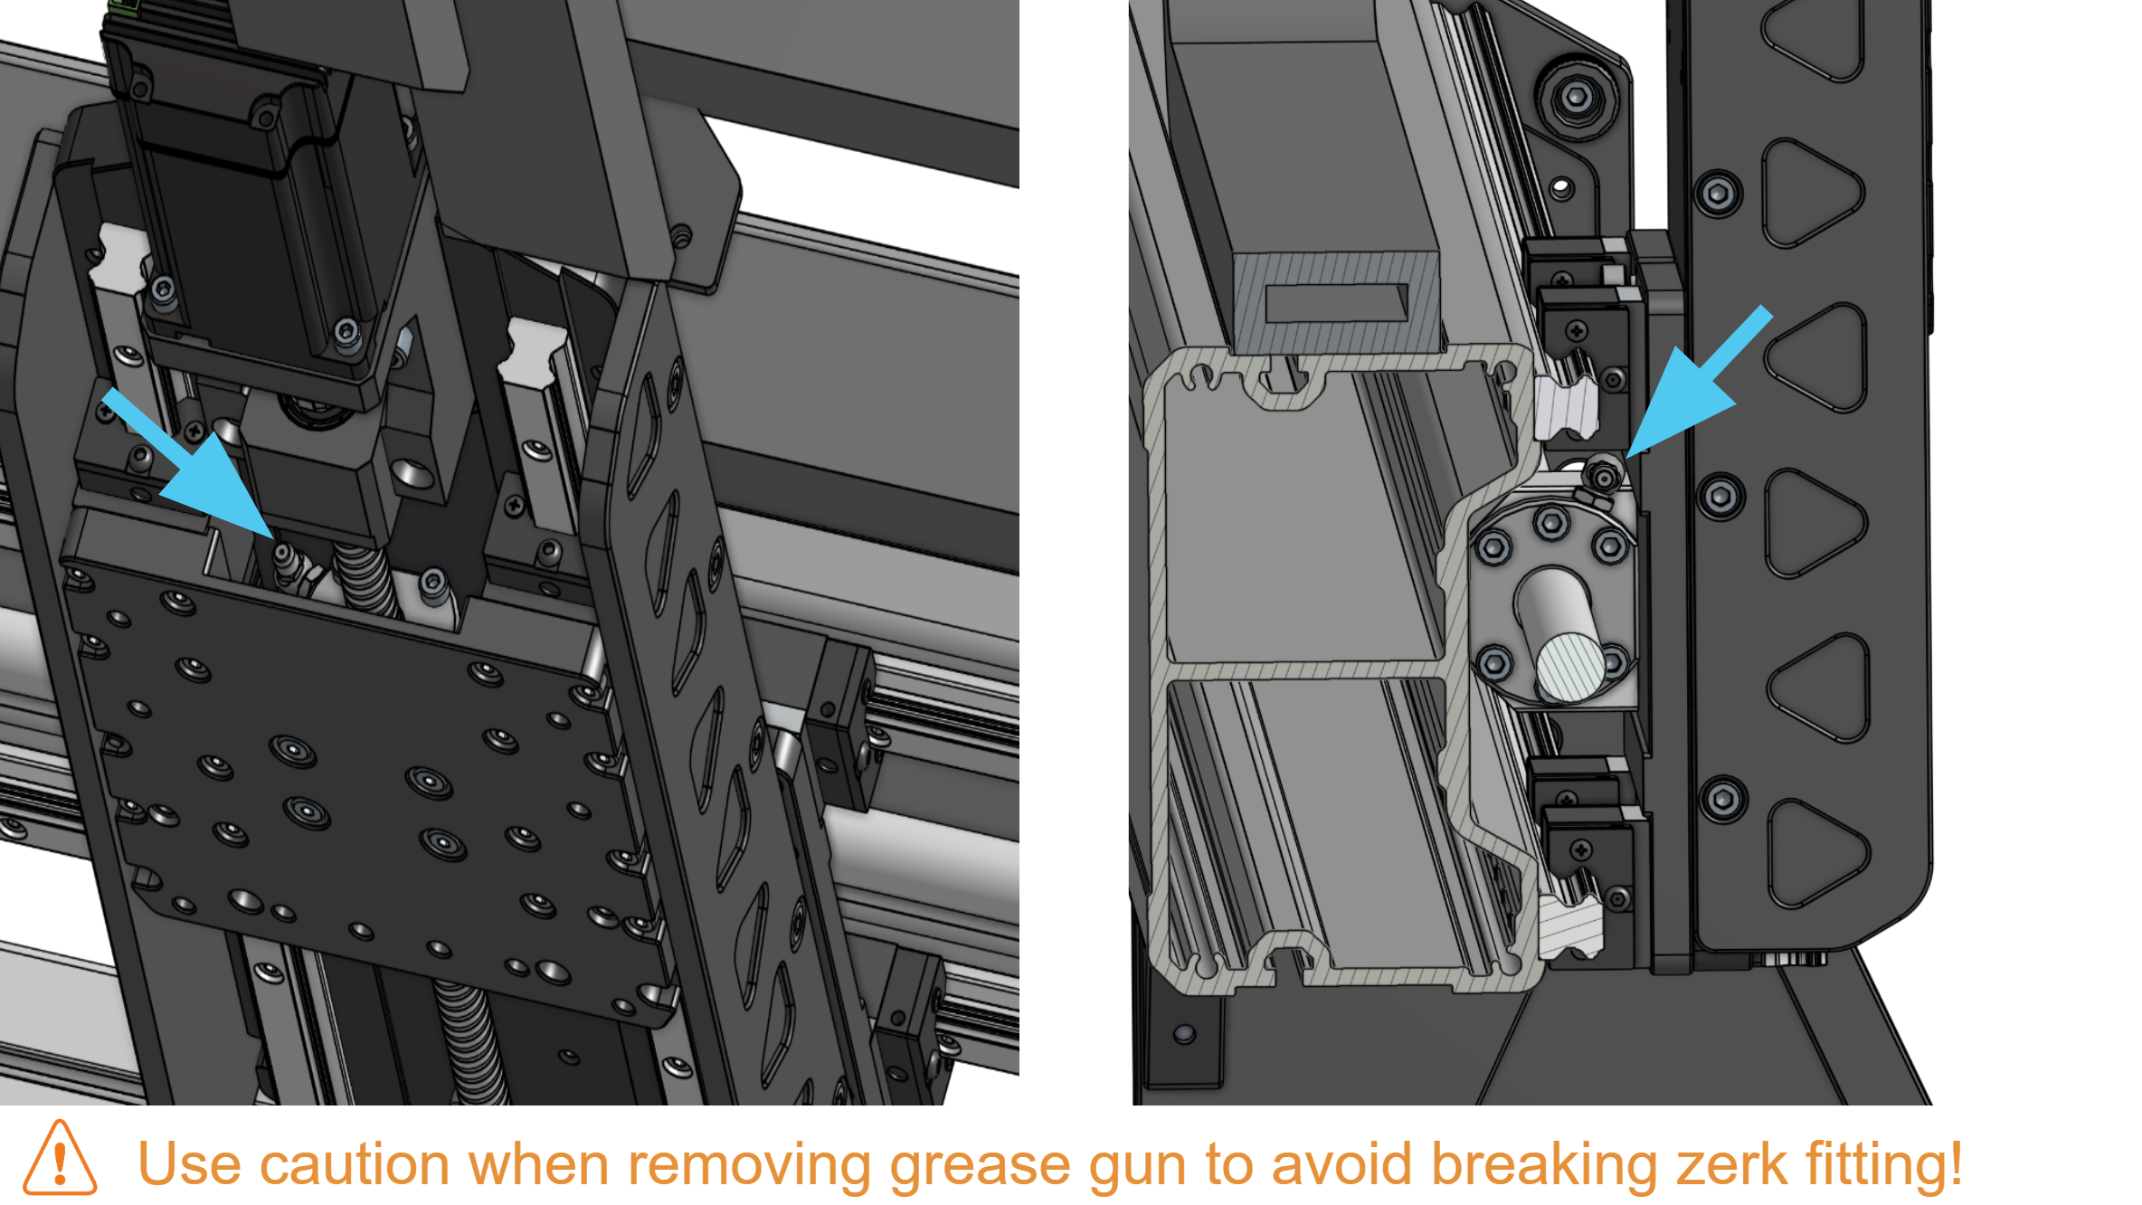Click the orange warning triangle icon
tap(60, 1159)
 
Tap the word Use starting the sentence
tap(189, 1164)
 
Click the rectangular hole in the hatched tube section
tap(1337, 304)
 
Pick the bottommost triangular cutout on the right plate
tap(1816, 854)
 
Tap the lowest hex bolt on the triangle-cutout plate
tap(1722, 800)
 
